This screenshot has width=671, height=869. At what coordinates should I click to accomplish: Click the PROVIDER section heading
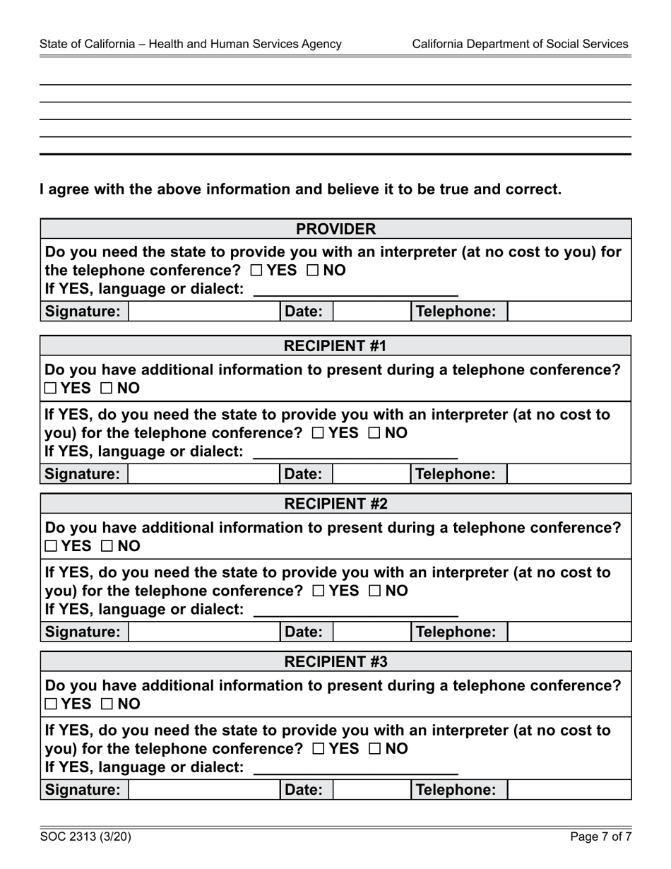335,229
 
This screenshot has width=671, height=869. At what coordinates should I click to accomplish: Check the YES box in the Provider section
256,271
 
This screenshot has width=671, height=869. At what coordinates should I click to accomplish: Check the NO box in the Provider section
312,271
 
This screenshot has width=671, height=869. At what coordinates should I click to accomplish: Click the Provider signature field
203,312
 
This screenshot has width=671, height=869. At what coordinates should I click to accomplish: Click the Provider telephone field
569,312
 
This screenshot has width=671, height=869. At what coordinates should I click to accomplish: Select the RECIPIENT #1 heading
335,345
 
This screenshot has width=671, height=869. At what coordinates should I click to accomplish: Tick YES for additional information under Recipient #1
49,388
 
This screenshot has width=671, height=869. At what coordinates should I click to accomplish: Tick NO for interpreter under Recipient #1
374,433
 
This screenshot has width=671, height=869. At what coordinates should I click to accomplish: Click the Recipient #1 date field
371,474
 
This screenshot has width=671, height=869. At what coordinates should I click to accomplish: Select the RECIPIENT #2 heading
335,504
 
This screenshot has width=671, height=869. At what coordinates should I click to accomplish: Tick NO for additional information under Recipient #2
107,546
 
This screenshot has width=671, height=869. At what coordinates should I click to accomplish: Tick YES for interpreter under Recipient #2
317,591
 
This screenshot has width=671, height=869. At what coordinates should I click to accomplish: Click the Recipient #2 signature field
203,632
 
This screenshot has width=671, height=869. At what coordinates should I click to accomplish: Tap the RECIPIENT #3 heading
335,662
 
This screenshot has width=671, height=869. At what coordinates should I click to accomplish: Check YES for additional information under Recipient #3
49,704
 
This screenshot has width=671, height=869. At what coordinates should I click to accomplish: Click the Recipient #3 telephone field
569,790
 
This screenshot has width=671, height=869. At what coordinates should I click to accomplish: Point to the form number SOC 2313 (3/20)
85,837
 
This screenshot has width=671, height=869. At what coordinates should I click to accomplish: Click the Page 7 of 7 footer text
600,837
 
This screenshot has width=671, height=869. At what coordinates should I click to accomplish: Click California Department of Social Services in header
520,44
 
